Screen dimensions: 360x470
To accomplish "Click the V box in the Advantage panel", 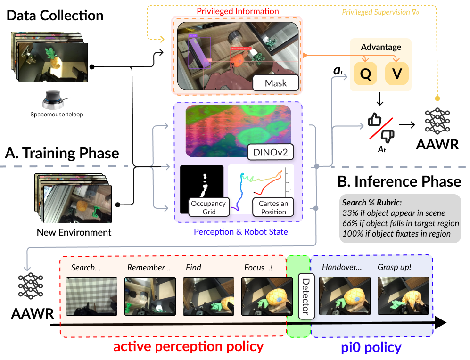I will click(397, 74).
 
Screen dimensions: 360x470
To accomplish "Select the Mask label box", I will click(276, 83).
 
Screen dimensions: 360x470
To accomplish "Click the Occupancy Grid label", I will click(209, 207).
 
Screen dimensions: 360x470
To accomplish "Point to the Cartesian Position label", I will click(273, 207).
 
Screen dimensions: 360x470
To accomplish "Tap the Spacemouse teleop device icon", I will click(55, 100).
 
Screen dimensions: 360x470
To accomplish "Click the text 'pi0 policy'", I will click(371, 348).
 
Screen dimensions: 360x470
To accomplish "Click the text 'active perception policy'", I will click(188, 347).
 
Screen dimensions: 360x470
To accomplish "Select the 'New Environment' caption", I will click(74, 233).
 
